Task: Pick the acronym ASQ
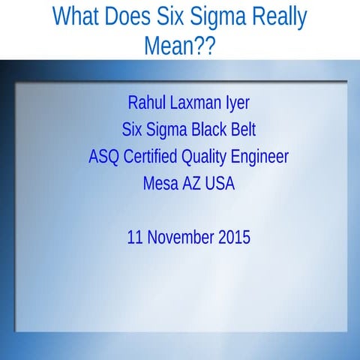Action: point(103,157)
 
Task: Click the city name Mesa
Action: point(160,184)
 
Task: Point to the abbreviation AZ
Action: point(191,184)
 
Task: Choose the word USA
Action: point(220,184)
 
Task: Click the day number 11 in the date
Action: point(135,238)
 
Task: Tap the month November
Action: point(181,238)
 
